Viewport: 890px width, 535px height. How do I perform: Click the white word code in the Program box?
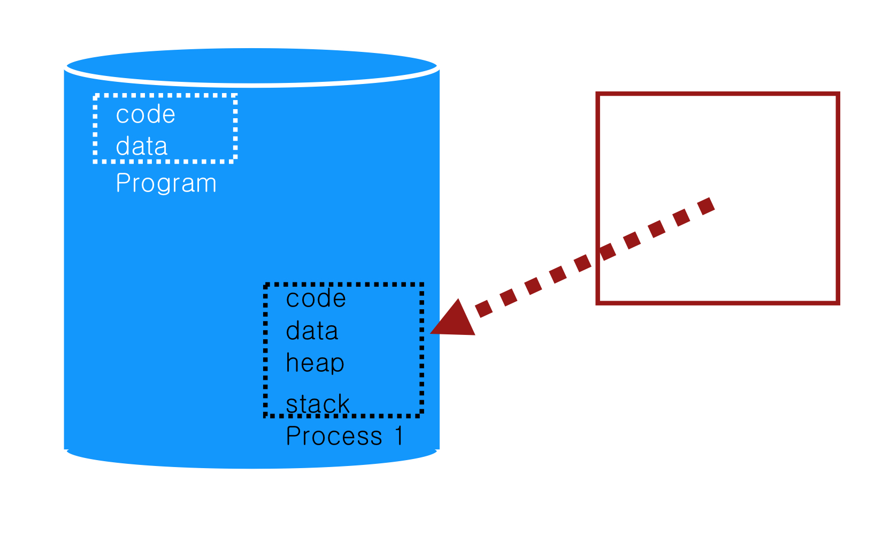[x=145, y=114]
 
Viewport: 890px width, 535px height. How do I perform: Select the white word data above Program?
[x=142, y=146]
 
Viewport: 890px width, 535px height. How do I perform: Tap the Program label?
[x=166, y=184]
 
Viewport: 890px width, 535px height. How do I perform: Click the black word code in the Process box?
[x=316, y=299]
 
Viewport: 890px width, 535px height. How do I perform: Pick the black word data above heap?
[x=312, y=331]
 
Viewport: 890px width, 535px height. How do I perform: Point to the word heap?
[x=315, y=363]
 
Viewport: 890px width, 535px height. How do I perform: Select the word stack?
[x=318, y=404]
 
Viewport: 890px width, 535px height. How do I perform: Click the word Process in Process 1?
[x=334, y=436]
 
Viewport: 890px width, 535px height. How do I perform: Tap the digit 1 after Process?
[x=399, y=436]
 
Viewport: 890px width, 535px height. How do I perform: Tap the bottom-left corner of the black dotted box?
[x=266, y=415]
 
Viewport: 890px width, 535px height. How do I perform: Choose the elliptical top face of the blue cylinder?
[x=251, y=66]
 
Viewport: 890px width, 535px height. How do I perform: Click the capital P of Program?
[x=122, y=183]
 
